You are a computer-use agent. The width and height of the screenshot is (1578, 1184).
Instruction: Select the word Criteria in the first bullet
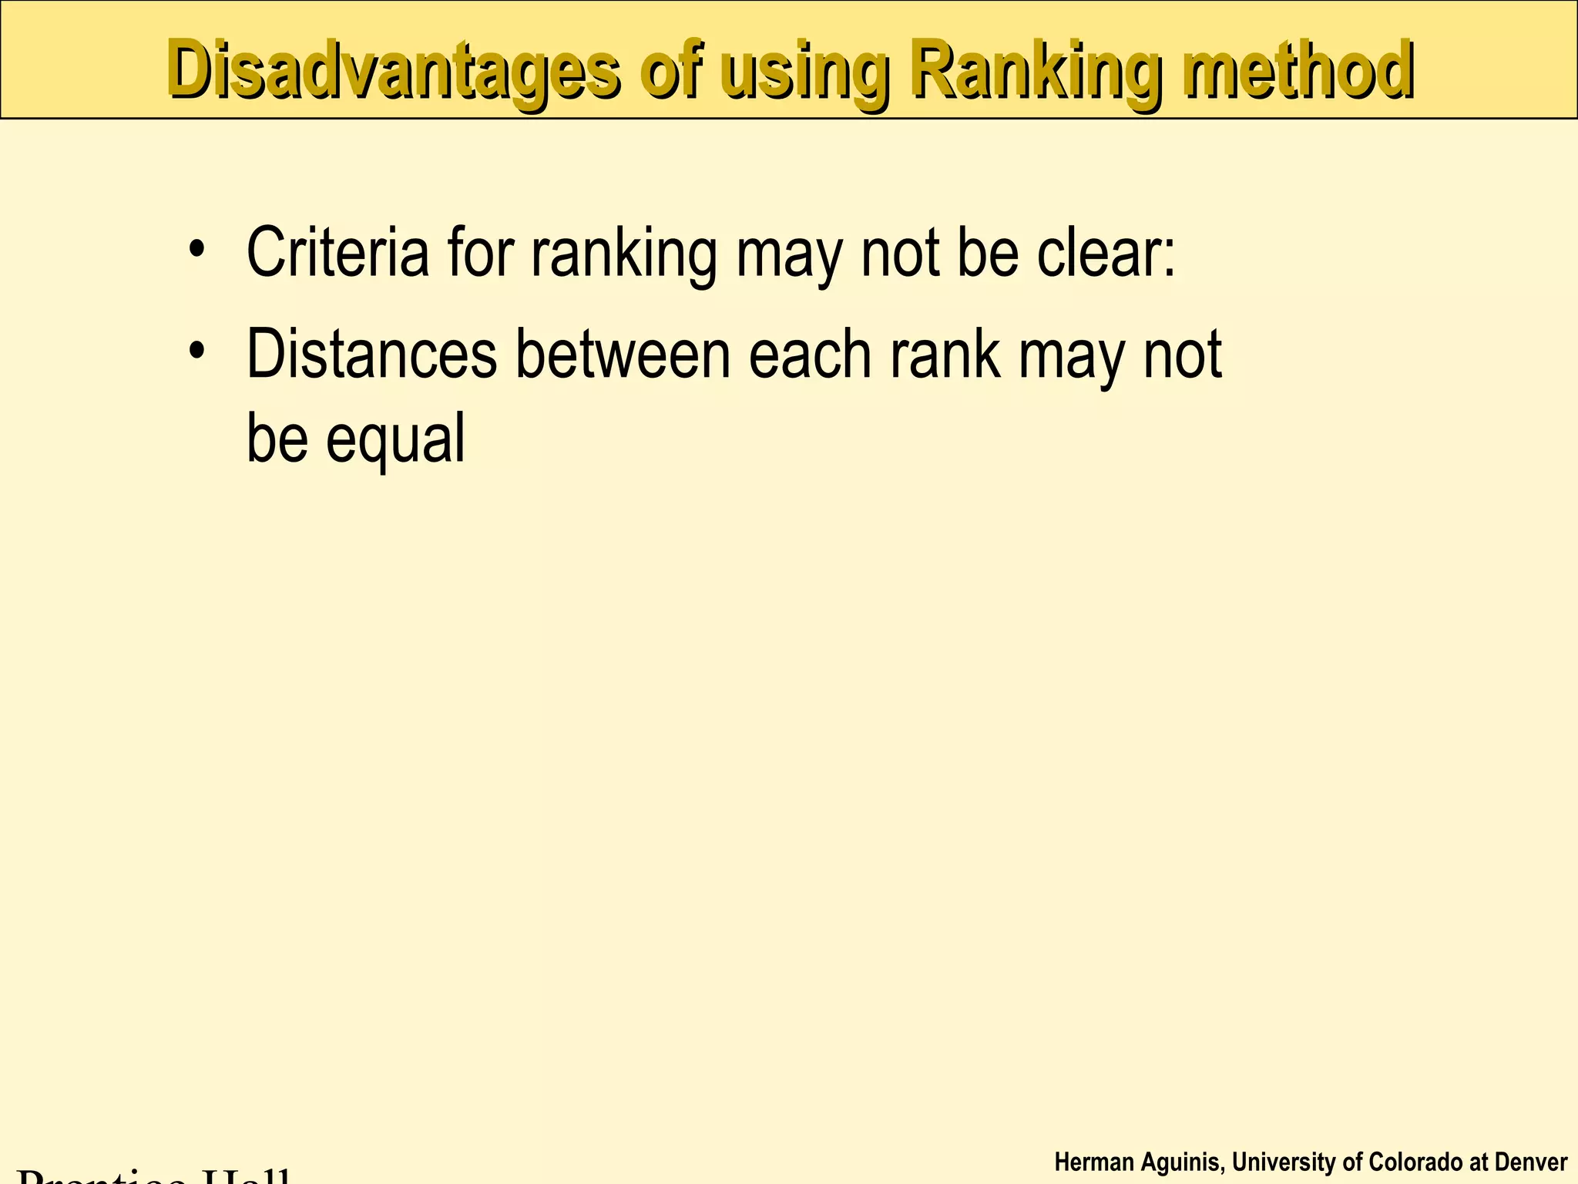tap(337, 252)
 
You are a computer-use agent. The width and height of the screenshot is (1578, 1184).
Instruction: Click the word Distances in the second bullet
tap(371, 354)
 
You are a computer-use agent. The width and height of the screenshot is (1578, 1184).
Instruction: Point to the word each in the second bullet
tap(810, 354)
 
